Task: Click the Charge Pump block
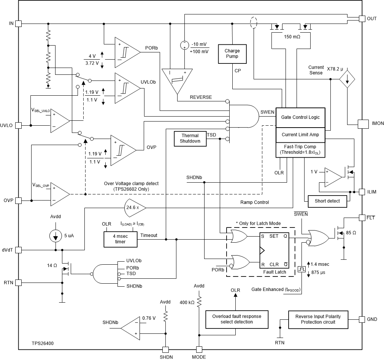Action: (x=232, y=54)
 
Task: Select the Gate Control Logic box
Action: (x=300, y=117)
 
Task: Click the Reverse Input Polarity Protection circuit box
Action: (x=318, y=319)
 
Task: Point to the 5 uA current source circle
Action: (x=56, y=235)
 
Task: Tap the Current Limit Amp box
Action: (x=300, y=134)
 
